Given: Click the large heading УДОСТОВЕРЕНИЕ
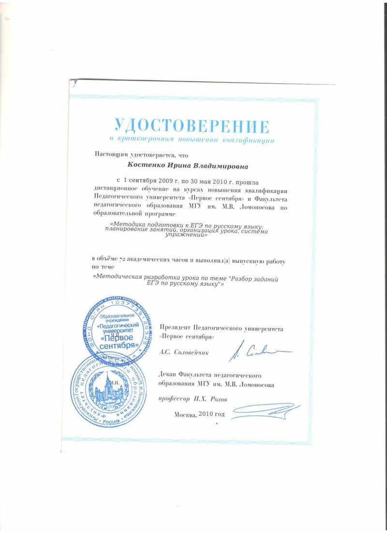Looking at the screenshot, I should click(192, 125).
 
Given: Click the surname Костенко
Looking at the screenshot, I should click(145, 167).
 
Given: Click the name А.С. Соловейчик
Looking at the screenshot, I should click(184, 353).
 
